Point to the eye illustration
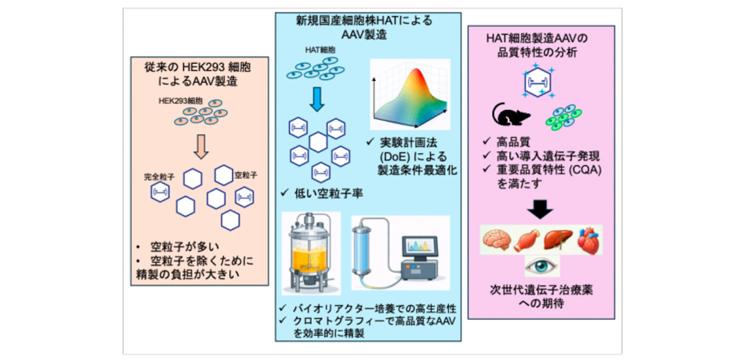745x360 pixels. pos(542,265)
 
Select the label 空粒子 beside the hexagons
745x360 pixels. pos(246,174)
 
